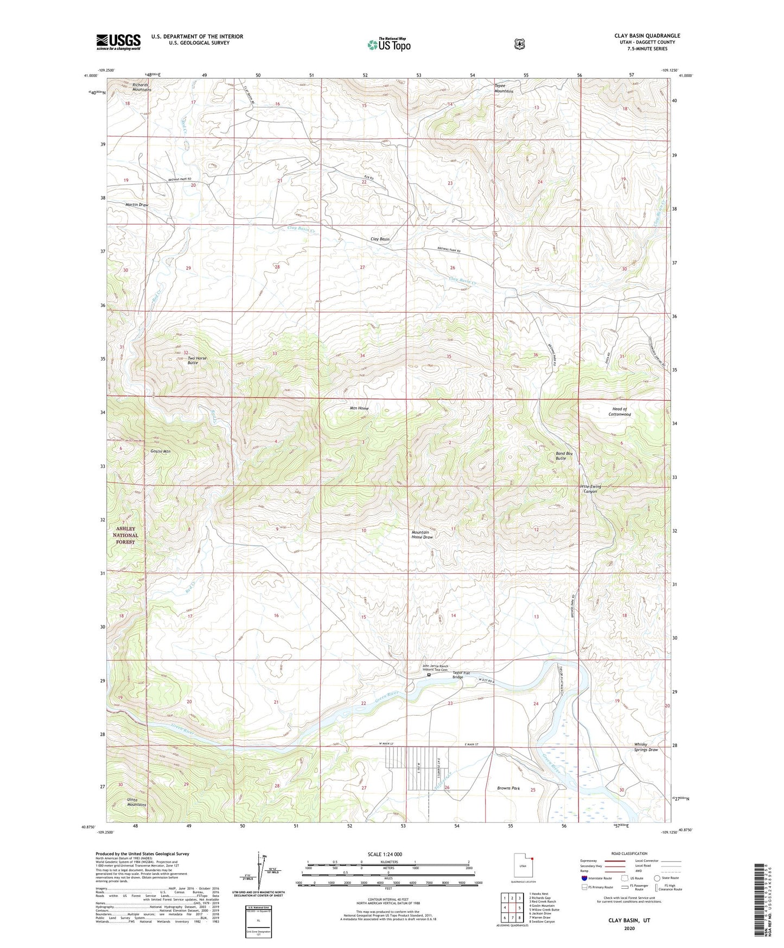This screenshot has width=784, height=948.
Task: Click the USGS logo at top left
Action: tap(118, 42)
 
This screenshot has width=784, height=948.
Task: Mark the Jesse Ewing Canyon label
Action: tap(590, 489)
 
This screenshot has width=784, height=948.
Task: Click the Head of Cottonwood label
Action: tap(619, 412)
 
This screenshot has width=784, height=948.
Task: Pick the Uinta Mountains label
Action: tap(136, 802)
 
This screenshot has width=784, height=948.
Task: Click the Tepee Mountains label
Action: tap(503, 89)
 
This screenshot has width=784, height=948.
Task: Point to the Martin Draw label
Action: tap(136, 205)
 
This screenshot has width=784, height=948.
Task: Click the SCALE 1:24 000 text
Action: tap(385, 854)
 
